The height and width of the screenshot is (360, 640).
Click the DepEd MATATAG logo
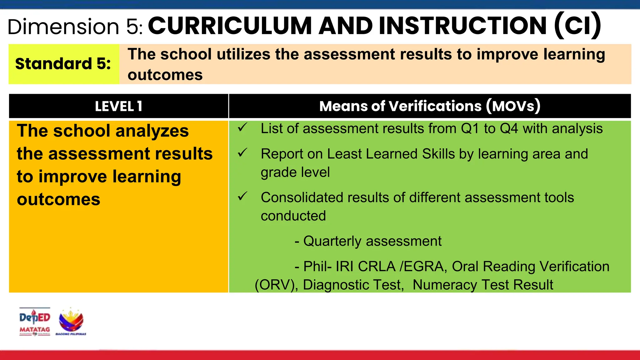(35, 322)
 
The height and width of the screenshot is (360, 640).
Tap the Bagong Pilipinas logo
(71, 322)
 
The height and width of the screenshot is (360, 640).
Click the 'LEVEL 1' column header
(118, 106)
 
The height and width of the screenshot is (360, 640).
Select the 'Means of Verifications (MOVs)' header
(430, 106)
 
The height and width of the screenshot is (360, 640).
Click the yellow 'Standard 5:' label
(63, 64)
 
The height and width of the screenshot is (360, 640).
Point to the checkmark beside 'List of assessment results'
(242, 127)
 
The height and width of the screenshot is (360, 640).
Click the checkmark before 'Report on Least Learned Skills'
(242, 153)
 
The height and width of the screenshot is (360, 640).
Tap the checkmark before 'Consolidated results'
(242, 196)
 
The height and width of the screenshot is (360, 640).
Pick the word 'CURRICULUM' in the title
(230, 26)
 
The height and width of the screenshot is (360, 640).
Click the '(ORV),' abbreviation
(276, 285)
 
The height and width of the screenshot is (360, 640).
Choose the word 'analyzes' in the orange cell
(152, 131)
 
